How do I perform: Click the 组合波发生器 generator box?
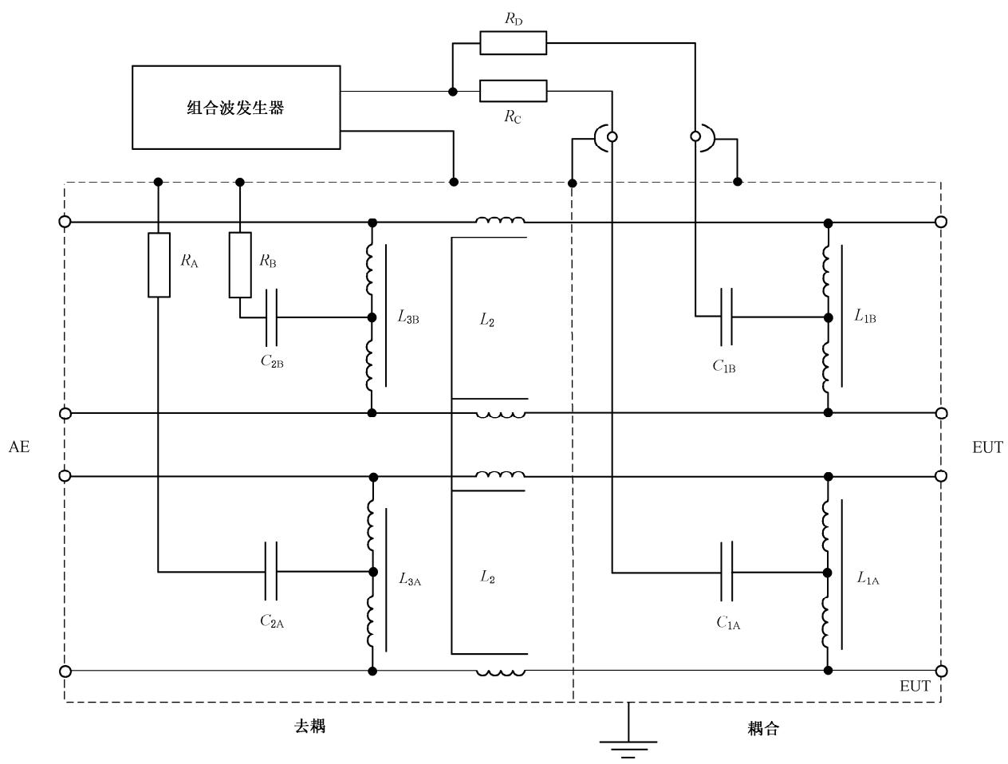point(236,107)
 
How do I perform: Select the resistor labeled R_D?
point(513,43)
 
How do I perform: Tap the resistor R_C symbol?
point(513,92)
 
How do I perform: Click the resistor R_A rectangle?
point(159,265)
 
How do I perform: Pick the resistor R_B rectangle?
point(240,265)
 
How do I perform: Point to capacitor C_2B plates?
point(270,317)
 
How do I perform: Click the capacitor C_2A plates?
point(270,571)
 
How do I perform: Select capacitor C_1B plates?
point(726,317)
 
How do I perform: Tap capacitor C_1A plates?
point(726,572)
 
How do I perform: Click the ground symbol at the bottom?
point(628,747)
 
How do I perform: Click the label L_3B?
point(408,317)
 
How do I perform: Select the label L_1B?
point(865,316)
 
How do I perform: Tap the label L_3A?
point(410,579)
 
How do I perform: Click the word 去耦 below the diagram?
point(310,727)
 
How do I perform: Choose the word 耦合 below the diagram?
point(763,728)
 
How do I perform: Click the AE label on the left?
point(19,447)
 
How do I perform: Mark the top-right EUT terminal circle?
point(941,222)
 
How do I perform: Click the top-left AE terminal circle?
point(65,222)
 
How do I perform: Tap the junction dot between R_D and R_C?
point(453,92)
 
